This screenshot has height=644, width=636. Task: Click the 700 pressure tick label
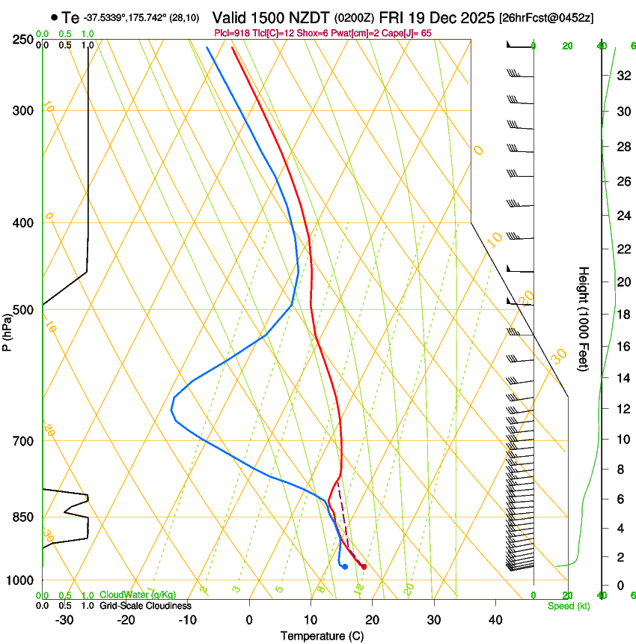click(x=22, y=441)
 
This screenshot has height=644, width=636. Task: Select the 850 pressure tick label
click(x=22, y=517)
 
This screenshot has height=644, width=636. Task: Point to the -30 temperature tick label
click(x=64, y=619)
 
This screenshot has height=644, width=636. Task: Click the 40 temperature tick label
click(x=495, y=619)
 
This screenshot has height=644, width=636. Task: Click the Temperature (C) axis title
click(x=322, y=636)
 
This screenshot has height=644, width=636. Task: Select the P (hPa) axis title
click(x=7, y=329)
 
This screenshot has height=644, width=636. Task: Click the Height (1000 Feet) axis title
click(x=584, y=318)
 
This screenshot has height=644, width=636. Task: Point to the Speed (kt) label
click(x=568, y=606)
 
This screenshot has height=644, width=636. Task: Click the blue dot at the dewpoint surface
click(x=345, y=566)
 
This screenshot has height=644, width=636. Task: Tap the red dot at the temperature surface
click(x=364, y=567)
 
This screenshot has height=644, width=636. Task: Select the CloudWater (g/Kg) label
click(x=138, y=595)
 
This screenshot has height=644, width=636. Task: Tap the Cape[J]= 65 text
click(x=408, y=33)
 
